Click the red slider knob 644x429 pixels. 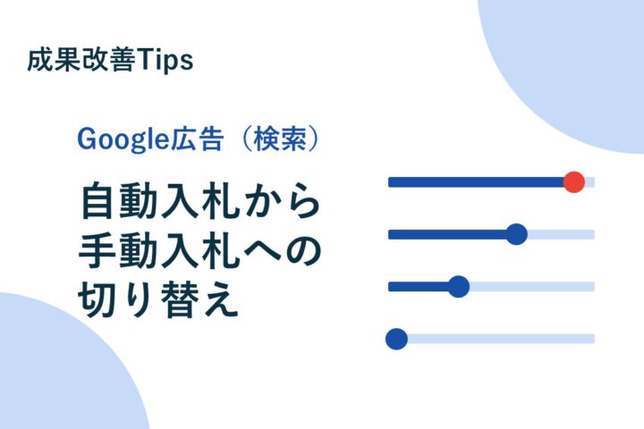(x=573, y=181)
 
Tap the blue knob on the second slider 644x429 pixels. (x=516, y=234)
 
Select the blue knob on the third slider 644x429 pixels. (x=458, y=287)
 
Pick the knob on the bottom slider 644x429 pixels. (x=397, y=339)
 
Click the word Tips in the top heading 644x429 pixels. (x=165, y=61)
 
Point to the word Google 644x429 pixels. (x=123, y=139)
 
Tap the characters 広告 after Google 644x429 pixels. (x=196, y=139)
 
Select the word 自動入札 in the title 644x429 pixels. (x=159, y=201)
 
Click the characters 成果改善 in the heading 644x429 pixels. (x=80, y=61)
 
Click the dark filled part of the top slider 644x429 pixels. (x=476, y=181)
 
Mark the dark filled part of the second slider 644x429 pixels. (x=447, y=234)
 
